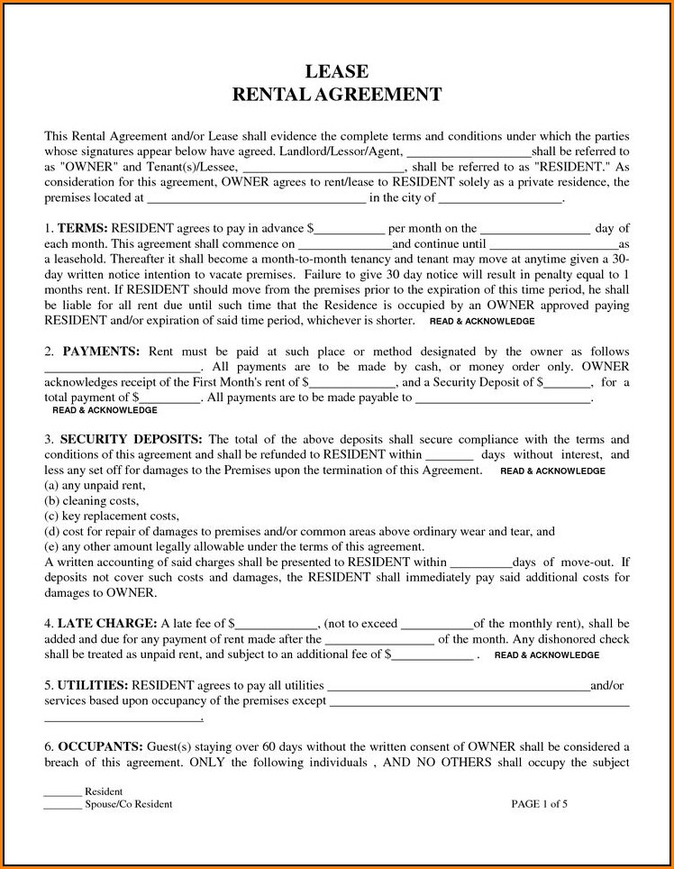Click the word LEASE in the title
tap(336, 71)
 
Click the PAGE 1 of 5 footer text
tap(539, 803)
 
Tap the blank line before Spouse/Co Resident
tap(62, 804)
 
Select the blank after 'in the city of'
tap(500, 198)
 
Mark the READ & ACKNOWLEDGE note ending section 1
tap(482, 321)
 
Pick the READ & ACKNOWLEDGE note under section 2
tap(105, 410)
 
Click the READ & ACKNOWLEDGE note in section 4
tap(547, 655)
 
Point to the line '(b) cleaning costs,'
tap(92, 501)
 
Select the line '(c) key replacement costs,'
tap(112, 517)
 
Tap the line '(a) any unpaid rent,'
tap(95, 486)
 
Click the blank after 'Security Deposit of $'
tap(568, 382)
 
